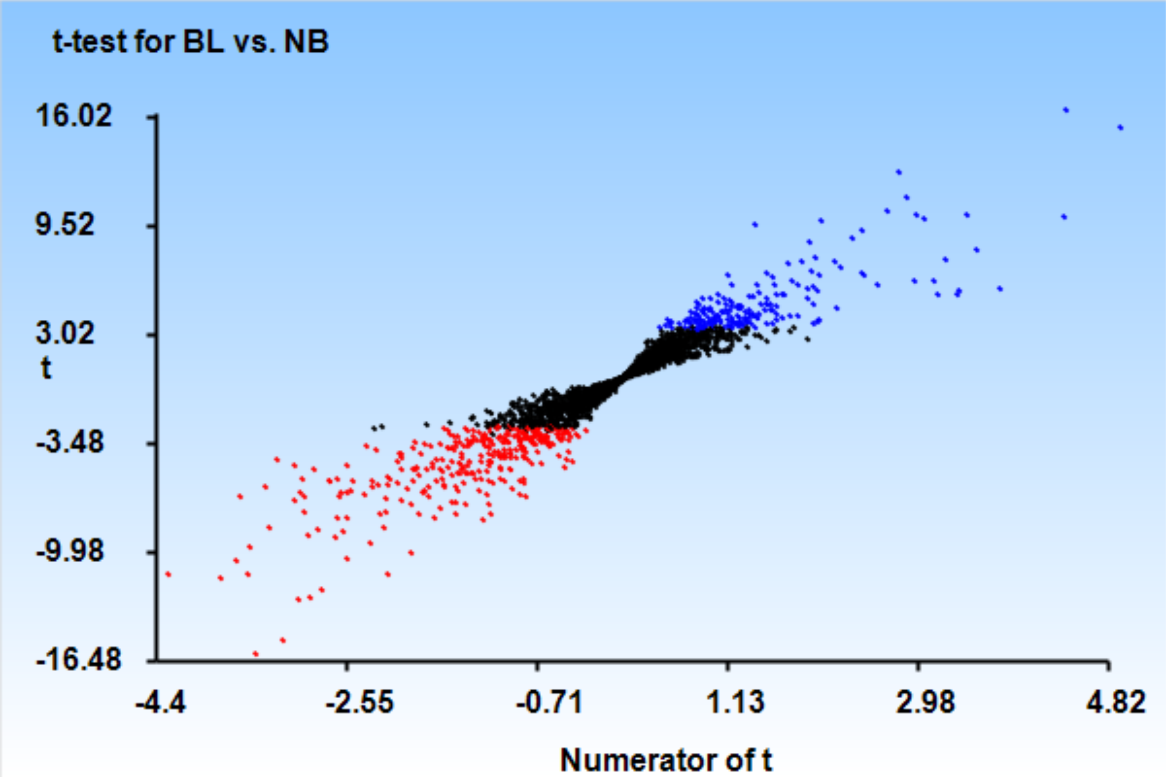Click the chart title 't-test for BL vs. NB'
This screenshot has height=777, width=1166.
pos(190,41)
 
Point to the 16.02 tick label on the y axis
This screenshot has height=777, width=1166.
pos(74,117)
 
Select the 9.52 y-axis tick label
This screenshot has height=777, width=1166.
pos(64,225)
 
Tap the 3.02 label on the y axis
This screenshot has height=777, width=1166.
pos(64,333)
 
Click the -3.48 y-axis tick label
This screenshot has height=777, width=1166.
pos(70,442)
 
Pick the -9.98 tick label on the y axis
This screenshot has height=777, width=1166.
pos(70,550)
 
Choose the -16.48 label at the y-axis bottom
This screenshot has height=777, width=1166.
pos(78,660)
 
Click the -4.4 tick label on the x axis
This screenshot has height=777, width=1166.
pos(160,703)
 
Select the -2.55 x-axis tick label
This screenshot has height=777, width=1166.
pos(360,703)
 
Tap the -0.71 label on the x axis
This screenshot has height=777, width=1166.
pos(549,703)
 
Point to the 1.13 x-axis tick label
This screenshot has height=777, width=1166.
pos(735,703)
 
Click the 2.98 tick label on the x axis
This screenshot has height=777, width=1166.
pos(925,703)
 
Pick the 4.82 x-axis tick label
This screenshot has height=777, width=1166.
pos(1116,703)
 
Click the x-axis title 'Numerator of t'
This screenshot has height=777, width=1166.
pos(666,759)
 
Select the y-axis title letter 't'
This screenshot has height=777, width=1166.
pos(46,369)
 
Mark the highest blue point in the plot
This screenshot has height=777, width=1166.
pos(1066,110)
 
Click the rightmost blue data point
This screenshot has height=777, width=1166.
pos(1120,128)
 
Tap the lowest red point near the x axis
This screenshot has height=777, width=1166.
pos(256,654)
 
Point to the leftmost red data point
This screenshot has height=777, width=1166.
pos(168,574)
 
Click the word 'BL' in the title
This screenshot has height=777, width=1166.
pos(203,41)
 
